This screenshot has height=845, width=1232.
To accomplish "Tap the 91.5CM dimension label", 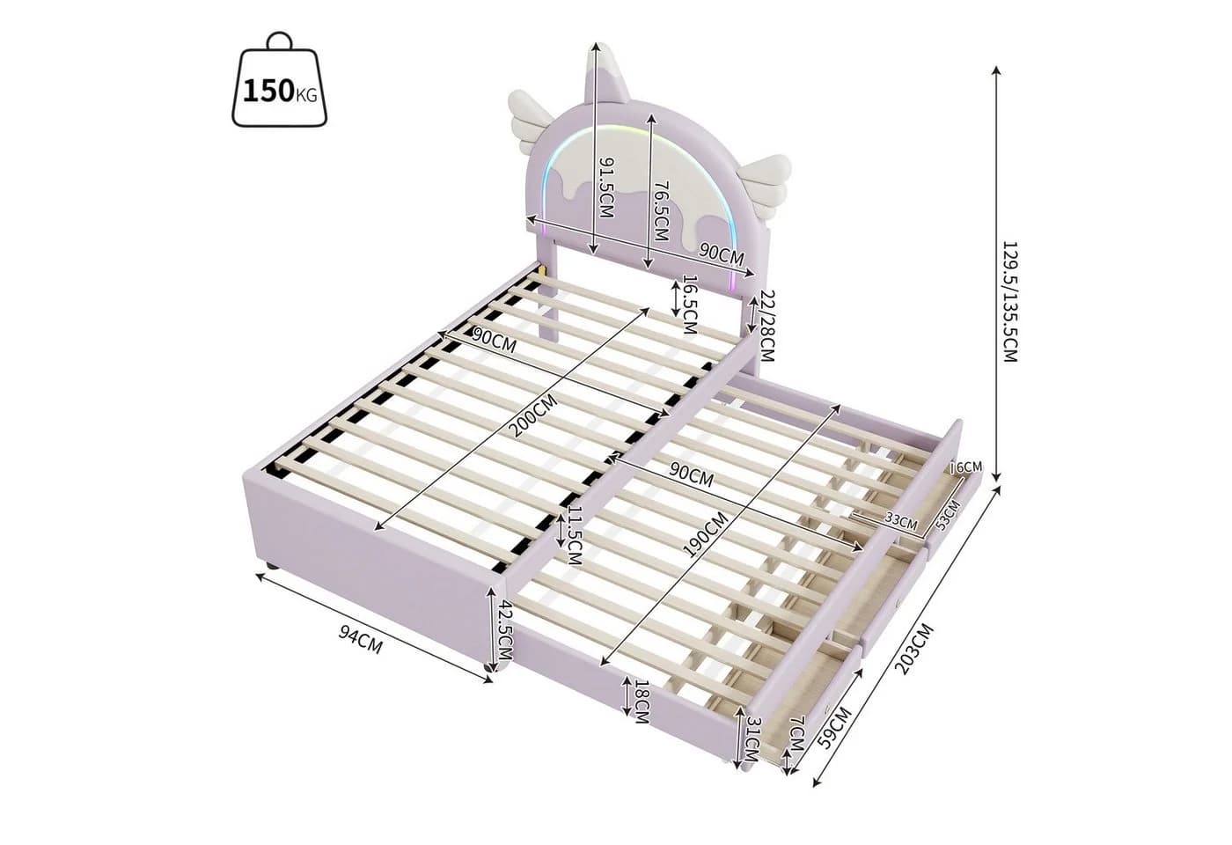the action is pyautogui.click(x=605, y=187).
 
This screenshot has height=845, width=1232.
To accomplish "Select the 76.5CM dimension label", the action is pyautogui.click(x=661, y=212).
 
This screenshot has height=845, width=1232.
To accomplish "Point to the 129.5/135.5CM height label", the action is pyautogui.click(x=1011, y=301).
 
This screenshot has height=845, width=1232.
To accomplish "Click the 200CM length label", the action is pyautogui.click(x=532, y=415).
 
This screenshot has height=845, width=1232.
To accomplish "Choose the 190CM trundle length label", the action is pyautogui.click(x=705, y=535).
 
